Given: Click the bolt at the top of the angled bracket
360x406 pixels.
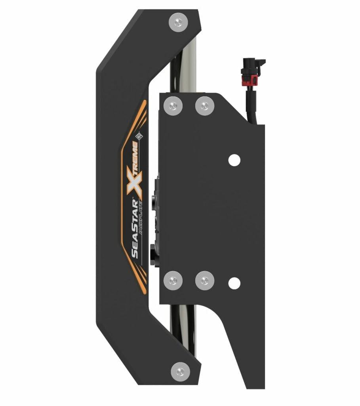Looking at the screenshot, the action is tap(178, 23).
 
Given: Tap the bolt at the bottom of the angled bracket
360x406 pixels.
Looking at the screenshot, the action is tap(181, 372).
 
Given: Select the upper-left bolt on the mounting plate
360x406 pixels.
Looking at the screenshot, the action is tap(173, 106).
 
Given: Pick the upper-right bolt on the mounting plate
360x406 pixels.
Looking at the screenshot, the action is tap(205, 106).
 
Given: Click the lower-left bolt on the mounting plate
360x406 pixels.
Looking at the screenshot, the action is tap(173, 280).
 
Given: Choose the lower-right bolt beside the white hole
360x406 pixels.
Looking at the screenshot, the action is tap(205, 280).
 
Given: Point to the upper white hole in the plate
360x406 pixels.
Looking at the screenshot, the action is tap(234, 160).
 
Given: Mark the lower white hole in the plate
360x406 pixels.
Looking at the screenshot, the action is tap(234, 283).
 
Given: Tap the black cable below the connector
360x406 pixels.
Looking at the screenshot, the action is tap(252, 103).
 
